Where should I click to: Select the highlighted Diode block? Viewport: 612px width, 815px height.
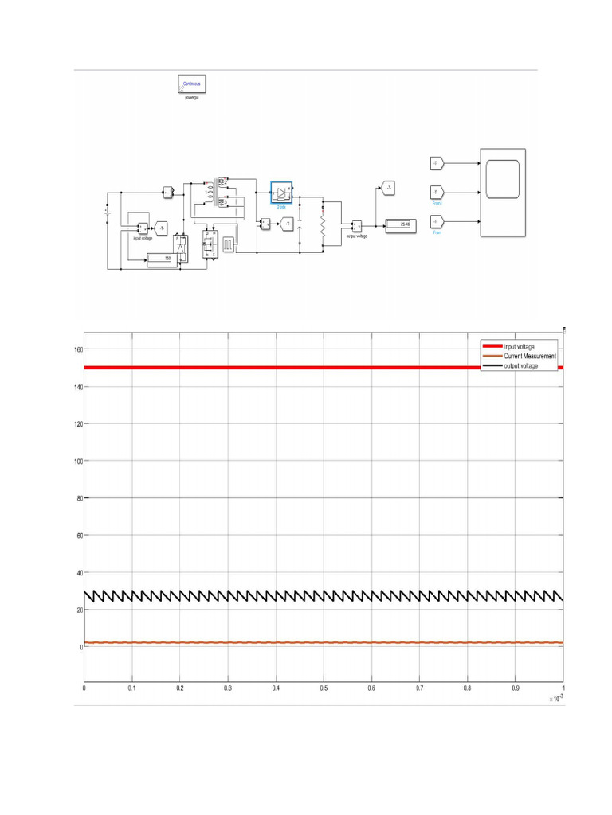(282, 193)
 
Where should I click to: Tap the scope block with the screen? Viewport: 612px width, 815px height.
(502, 193)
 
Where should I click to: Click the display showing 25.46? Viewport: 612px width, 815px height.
(401, 225)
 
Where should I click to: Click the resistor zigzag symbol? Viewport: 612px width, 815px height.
(324, 225)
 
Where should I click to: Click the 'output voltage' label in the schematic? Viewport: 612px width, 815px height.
(356, 236)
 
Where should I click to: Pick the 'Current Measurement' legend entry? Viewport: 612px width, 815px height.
(530, 356)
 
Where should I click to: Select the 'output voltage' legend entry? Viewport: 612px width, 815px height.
(520, 365)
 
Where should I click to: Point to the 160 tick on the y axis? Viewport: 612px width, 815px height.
(78, 350)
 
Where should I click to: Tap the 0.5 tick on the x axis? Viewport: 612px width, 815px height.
(324, 687)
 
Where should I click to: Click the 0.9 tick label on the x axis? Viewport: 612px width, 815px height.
(516, 687)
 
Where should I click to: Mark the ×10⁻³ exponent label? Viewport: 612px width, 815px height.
(555, 698)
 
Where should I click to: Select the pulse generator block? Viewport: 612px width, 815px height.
(228, 243)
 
